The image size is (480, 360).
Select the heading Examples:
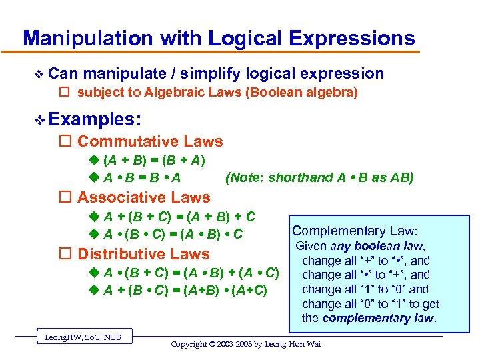coord(95,119)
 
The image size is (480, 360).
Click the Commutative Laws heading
coord(150,141)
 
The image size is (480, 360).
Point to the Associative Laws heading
coord(143,197)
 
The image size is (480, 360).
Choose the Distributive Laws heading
coord(143,254)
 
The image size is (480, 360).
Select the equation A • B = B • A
coord(142,177)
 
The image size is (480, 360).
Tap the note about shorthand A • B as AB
coord(319,177)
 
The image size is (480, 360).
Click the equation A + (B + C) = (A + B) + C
coord(179,217)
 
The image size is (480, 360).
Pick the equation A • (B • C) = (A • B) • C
coord(173,234)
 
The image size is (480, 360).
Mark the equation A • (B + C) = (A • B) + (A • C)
coord(191,273)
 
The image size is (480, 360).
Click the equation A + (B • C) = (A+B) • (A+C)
coord(185,290)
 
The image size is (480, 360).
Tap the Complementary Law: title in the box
coord(355,231)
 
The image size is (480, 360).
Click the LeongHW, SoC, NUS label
coord(83,337)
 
